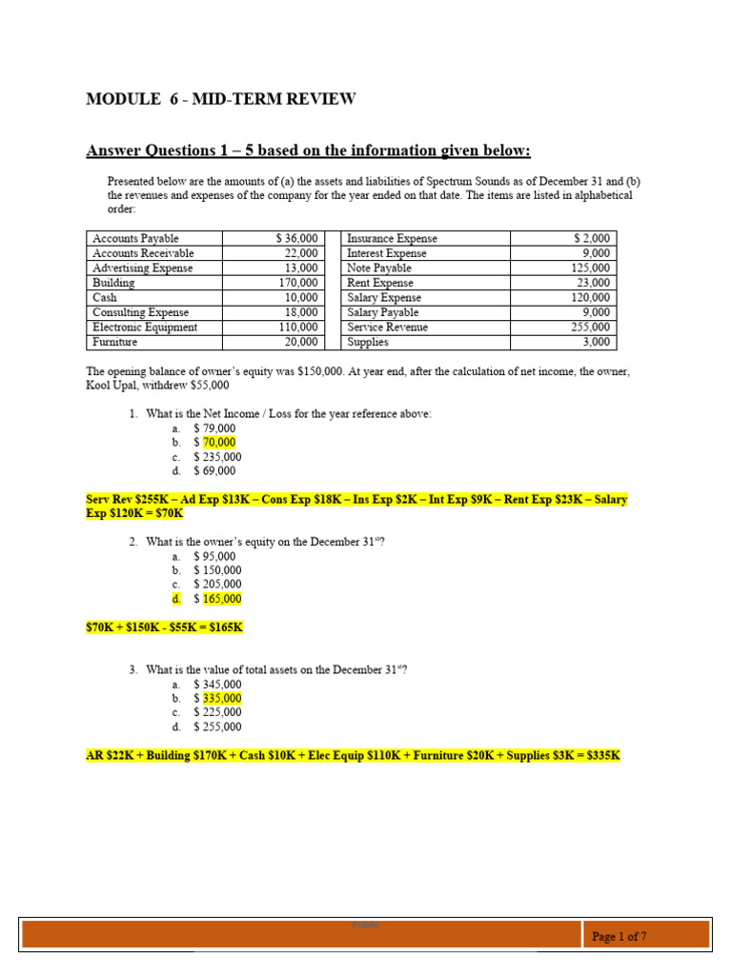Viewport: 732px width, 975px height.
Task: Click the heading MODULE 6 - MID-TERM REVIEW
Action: point(221,99)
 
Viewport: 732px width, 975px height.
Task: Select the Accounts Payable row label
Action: point(134,238)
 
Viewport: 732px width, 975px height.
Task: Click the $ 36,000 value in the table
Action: point(295,238)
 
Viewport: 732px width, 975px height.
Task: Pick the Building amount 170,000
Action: point(299,283)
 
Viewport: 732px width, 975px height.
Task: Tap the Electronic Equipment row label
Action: point(145,327)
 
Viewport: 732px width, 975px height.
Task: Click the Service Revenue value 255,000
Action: point(591,327)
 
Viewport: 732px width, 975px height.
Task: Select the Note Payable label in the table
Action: point(379,268)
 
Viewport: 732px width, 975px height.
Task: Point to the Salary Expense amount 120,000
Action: point(591,297)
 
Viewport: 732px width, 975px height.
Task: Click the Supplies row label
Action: point(367,342)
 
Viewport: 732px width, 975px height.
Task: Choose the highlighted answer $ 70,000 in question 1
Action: point(214,443)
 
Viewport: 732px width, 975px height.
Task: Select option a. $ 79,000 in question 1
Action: point(213,428)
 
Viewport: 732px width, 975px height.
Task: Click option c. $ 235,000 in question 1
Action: point(216,457)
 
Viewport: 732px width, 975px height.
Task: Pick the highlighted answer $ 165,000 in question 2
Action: point(217,599)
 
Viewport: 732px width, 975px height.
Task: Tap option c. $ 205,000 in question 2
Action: point(216,585)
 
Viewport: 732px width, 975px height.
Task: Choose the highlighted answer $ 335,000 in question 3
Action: point(217,698)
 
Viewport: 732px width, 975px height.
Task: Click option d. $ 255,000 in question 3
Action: point(216,726)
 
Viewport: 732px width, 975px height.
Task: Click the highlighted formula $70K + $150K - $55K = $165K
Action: point(165,627)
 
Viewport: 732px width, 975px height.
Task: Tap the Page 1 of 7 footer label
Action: point(620,937)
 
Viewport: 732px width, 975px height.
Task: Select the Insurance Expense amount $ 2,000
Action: point(595,238)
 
